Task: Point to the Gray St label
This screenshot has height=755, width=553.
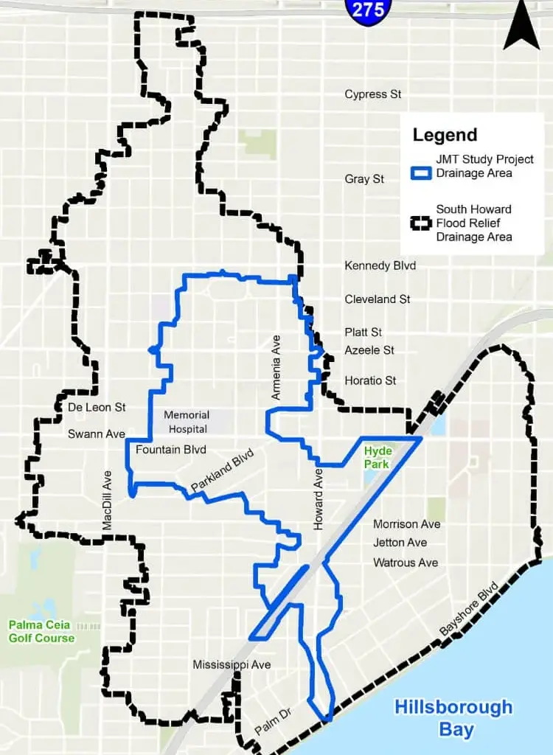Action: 364,179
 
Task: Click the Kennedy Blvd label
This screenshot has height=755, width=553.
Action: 380,265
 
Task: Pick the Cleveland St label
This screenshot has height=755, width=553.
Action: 378,299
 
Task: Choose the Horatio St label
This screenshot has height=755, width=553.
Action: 370,380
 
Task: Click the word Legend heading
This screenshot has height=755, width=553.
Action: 445,135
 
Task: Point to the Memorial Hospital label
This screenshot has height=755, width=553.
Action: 187,422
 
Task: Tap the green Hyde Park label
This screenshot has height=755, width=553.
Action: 376,457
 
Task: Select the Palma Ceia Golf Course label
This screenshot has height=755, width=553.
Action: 41,631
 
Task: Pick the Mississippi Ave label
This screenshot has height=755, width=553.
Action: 232,665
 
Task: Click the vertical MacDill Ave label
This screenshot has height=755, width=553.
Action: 108,500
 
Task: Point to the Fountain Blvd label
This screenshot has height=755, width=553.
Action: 170,449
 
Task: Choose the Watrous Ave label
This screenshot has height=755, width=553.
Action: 406,563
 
